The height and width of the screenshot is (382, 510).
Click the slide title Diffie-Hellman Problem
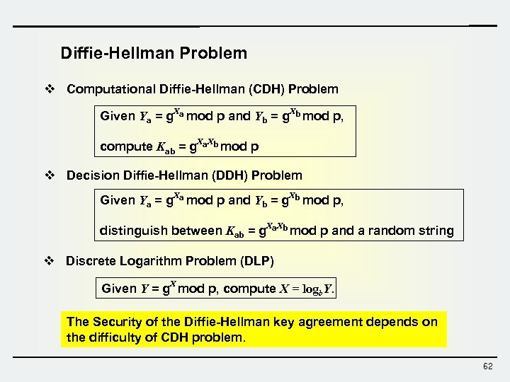154,53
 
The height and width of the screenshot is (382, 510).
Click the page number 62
487,366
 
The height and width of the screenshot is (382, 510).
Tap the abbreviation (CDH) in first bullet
258,89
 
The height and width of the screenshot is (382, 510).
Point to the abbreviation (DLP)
257,261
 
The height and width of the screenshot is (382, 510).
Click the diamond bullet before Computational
49,89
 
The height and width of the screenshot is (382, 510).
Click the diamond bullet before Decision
49,175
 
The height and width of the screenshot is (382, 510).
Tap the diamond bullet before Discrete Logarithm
49,261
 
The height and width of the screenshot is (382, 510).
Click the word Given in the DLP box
119,289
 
